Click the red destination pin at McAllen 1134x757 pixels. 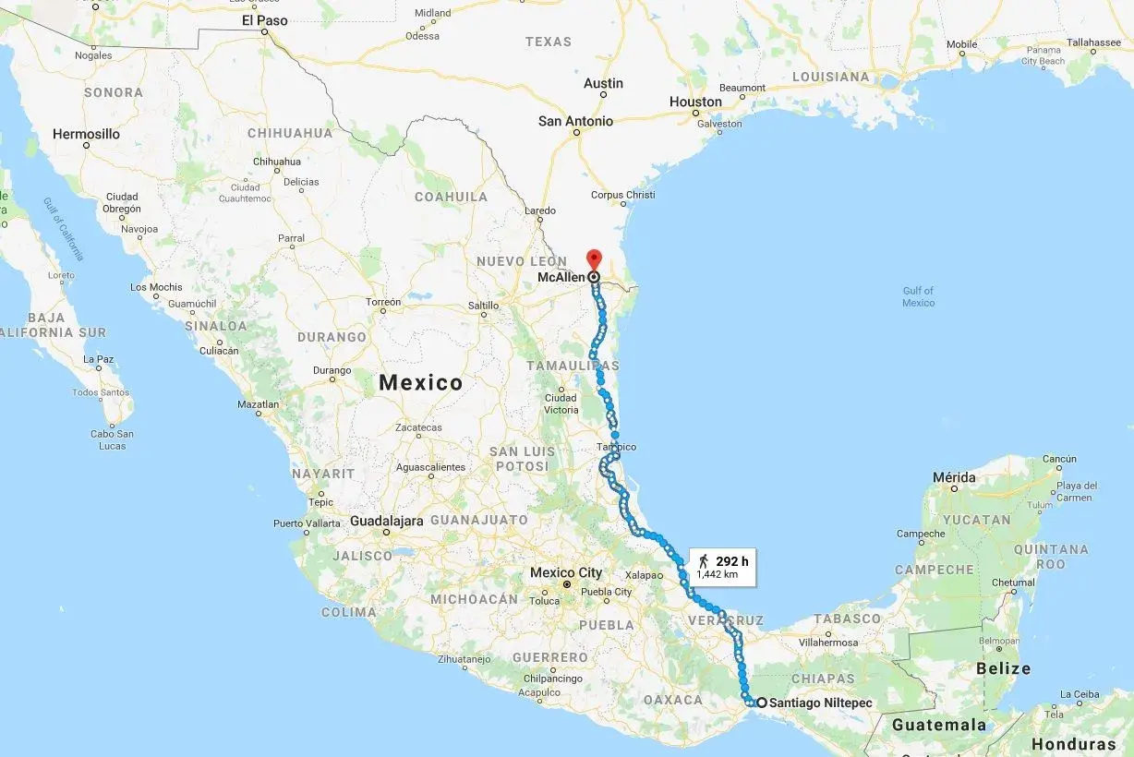point(594,258)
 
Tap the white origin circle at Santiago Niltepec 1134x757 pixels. point(760,703)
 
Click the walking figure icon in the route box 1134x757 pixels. point(704,560)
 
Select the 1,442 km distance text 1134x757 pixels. point(717,574)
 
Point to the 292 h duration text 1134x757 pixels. point(731,560)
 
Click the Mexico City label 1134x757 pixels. point(565,572)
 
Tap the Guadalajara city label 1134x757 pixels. point(387,521)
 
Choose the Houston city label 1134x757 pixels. point(695,102)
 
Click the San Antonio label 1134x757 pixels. point(575,121)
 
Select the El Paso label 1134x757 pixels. point(264,20)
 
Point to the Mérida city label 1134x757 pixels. point(954,477)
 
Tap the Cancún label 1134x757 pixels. point(1059,459)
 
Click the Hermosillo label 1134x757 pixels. point(86,134)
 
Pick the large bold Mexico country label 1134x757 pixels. point(421,382)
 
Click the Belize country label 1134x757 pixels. point(1005,668)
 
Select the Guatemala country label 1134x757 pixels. point(939,725)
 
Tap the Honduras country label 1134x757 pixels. point(1073,744)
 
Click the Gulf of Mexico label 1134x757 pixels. point(918,296)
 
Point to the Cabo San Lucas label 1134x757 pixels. point(112,439)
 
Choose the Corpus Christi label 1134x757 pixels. point(622,195)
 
